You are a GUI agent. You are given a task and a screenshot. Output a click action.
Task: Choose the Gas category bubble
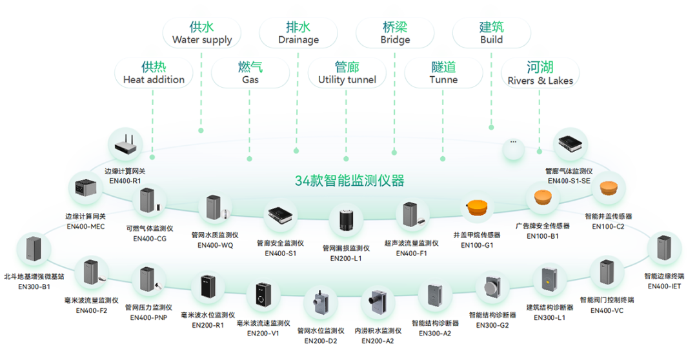tap(250, 73)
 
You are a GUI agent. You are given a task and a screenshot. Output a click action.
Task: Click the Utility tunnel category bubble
tap(347, 73)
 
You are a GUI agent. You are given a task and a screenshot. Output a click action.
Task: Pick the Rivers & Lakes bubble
tap(540, 73)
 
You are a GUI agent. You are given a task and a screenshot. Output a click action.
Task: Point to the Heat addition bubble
tap(154, 73)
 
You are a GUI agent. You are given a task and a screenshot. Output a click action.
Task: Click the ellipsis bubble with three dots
tap(514, 147)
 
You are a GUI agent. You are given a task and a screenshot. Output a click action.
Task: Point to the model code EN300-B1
tap(34, 286)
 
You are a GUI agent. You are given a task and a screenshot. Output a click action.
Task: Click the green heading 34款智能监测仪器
tap(349, 181)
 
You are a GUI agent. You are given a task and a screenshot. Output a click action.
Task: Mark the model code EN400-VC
tap(607, 310)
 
